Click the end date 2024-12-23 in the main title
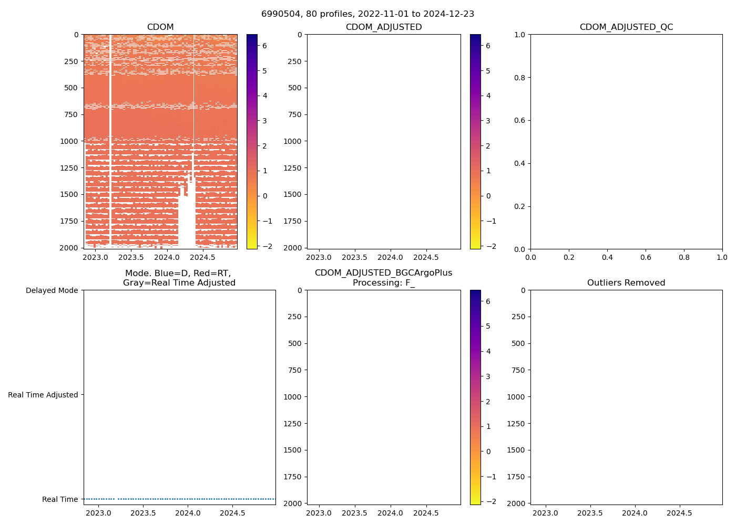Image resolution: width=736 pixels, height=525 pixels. click(x=452, y=14)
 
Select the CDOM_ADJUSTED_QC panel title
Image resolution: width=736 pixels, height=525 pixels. click(x=626, y=27)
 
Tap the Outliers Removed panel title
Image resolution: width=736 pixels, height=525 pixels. click(x=626, y=283)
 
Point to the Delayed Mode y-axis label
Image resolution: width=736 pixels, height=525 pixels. click(x=52, y=290)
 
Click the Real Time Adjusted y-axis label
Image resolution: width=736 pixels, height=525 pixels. click(x=43, y=395)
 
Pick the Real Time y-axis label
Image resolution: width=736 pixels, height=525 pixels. click(x=60, y=499)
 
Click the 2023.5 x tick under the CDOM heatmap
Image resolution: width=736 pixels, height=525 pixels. click(x=131, y=257)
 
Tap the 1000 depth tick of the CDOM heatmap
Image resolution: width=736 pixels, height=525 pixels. click(x=71, y=141)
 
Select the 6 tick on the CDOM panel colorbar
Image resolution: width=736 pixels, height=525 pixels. click(x=264, y=46)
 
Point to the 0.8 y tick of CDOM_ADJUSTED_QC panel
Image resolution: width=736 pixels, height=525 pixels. click(x=519, y=78)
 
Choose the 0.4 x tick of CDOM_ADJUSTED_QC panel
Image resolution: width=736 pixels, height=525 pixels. click(x=607, y=257)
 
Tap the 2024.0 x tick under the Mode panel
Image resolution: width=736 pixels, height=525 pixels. click(x=188, y=513)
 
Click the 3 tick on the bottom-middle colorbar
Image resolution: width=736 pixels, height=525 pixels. click(x=488, y=376)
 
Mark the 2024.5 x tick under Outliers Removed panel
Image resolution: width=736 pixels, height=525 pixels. click(x=679, y=513)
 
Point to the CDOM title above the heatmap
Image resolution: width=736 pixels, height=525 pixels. click(x=160, y=27)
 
